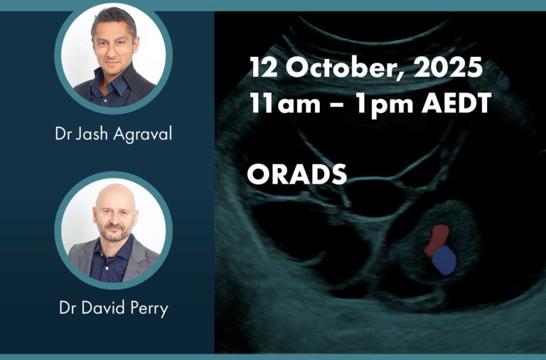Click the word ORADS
[x=297, y=174]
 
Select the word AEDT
[x=456, y=103]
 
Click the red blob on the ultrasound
[x=437, y=240]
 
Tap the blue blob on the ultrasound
[x=444, y=260]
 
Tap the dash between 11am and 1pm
[x=338, y=105]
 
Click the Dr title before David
[x=68, y=308]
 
